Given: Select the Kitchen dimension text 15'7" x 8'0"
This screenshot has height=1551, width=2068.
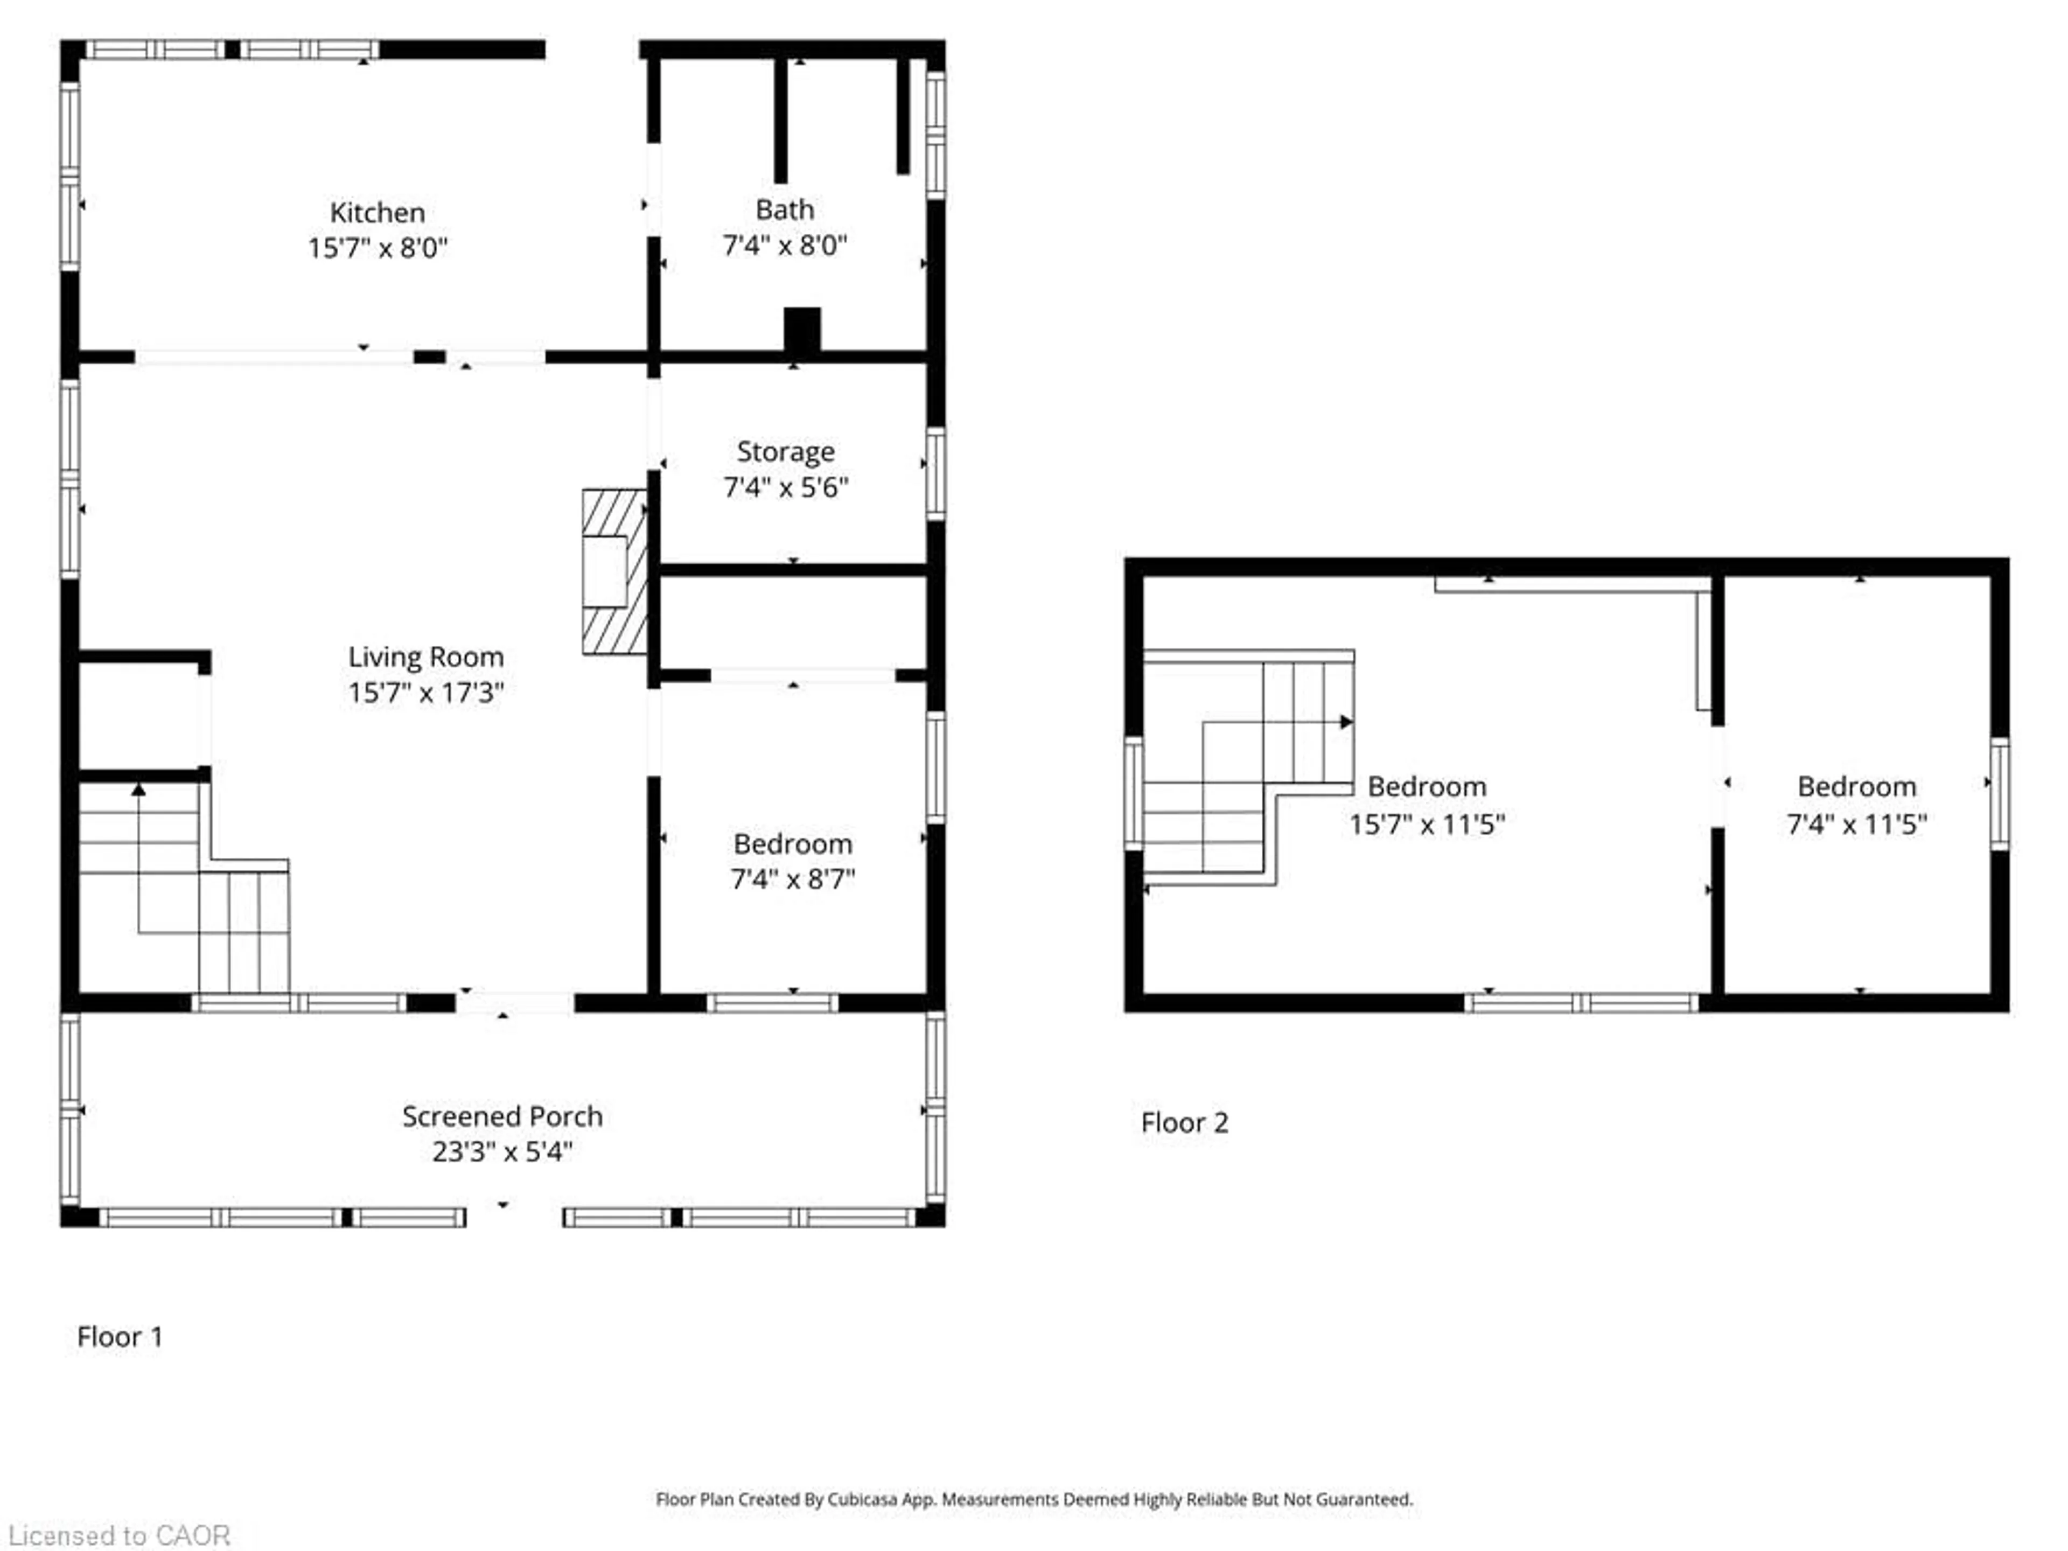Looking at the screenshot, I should coord(378,248).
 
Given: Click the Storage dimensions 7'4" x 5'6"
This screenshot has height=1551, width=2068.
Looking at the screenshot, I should coord(785,487).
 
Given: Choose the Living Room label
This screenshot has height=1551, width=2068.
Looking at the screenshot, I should coord(425,657).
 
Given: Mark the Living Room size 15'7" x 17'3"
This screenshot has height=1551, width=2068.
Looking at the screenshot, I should coord(425,693).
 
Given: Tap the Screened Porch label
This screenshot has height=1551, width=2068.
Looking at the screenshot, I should coord(502,1116).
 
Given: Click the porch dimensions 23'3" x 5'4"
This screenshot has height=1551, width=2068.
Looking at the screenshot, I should coord(502,1152).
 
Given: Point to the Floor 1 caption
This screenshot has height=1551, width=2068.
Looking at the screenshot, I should coord(120,1337).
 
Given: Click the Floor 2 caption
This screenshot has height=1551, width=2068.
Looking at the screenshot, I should coord(1184,1123).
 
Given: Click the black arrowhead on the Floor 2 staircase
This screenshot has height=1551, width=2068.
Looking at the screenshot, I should coord(1346,722).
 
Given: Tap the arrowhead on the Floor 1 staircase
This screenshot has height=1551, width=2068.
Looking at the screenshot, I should coord(138,790).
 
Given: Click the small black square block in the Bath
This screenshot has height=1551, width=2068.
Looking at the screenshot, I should coord(802,329).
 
